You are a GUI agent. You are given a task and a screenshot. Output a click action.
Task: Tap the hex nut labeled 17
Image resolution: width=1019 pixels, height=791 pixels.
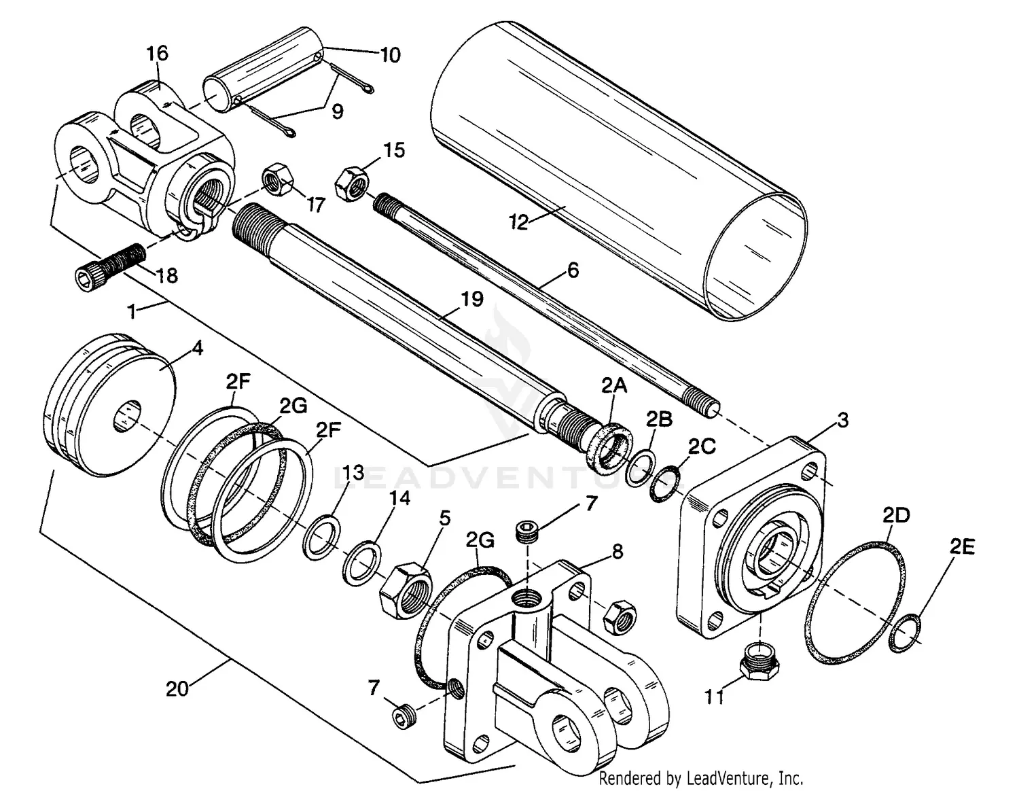278,179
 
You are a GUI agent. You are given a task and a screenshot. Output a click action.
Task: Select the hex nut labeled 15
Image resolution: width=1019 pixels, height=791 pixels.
351,182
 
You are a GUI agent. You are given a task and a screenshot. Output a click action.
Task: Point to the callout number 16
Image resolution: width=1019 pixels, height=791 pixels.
157,54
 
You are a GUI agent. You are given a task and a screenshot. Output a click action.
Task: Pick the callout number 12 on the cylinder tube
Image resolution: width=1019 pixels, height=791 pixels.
519,222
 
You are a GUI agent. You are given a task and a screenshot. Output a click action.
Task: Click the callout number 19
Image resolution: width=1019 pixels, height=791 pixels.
471,299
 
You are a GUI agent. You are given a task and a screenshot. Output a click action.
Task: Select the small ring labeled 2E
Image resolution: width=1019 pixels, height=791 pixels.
906,633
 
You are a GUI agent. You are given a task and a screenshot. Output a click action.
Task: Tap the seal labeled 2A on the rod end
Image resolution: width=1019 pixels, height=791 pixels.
609,445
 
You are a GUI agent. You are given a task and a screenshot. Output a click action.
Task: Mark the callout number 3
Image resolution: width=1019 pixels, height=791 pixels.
842,420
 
